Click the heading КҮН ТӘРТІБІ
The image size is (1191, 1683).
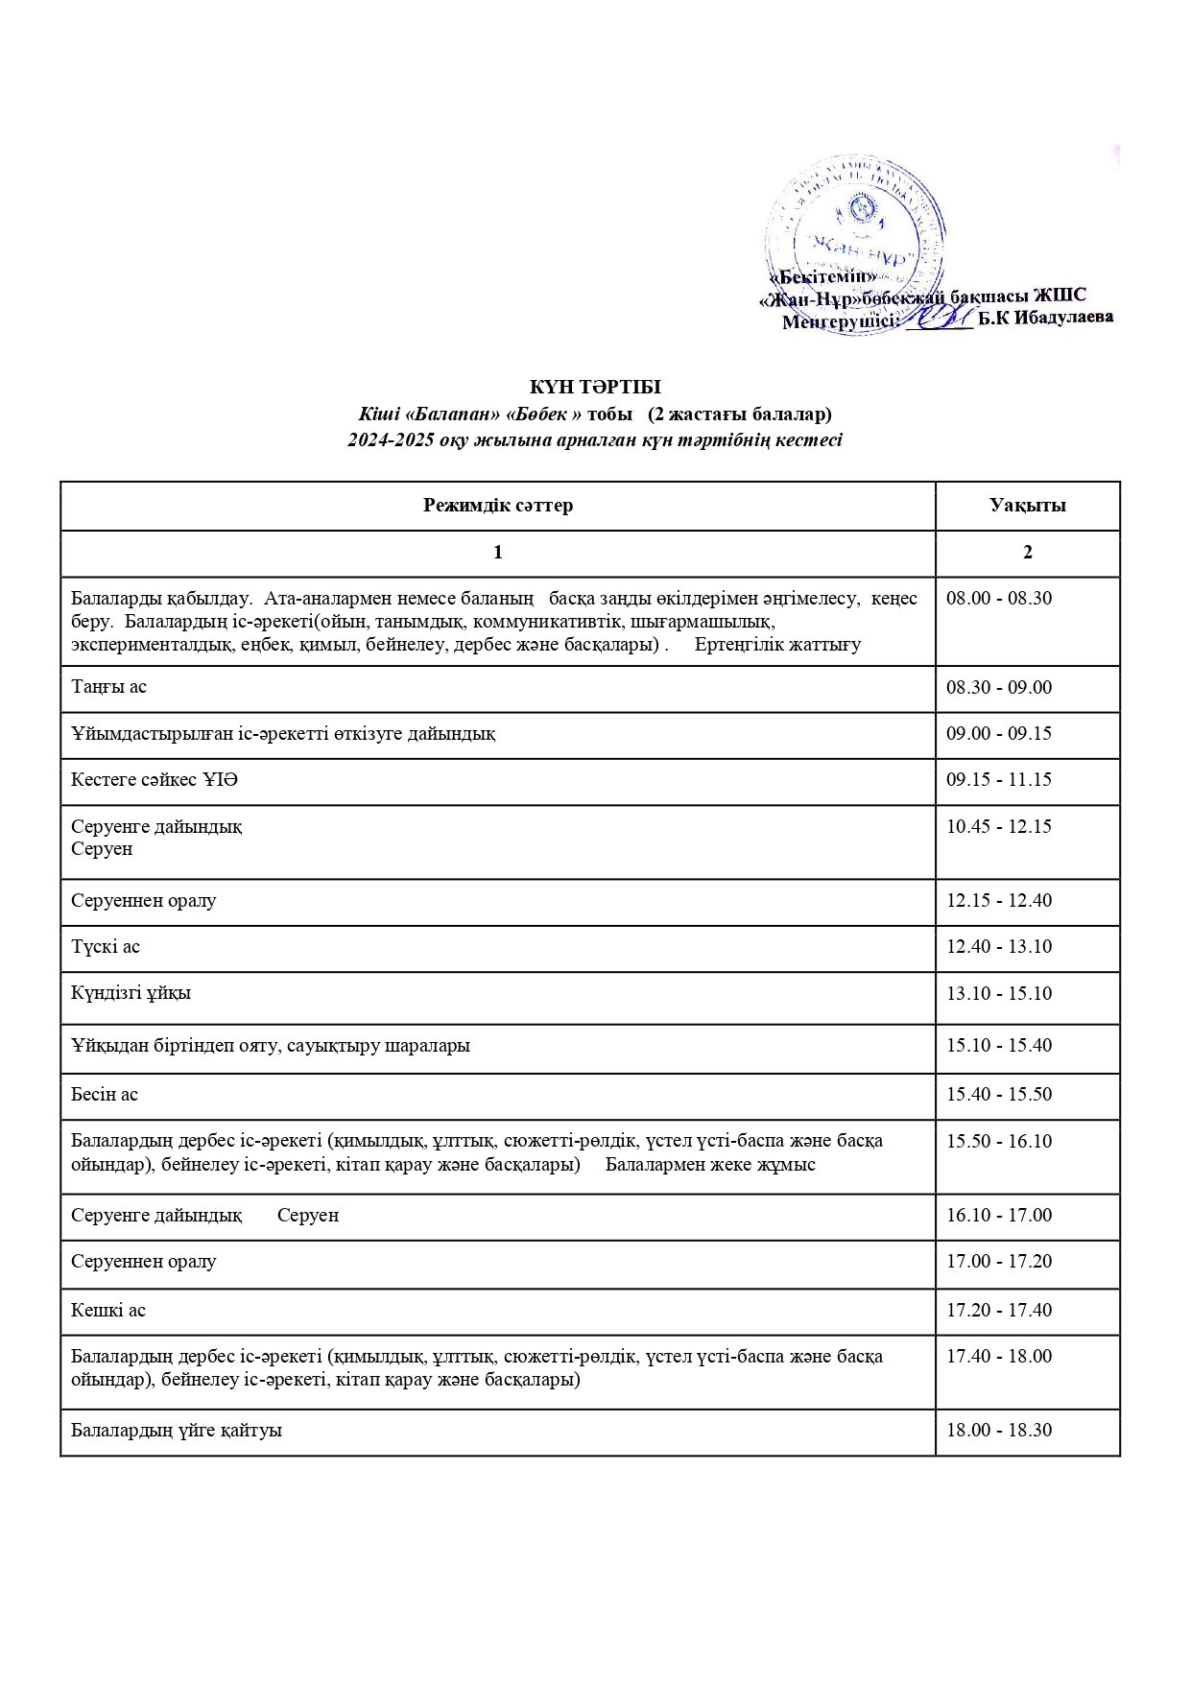click(595, 387)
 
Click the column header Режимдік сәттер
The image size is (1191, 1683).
click(497, 506)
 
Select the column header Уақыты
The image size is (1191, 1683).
click(1027, 506)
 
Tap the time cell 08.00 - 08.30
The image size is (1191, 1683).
click(999, 599)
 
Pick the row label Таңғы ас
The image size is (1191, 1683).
click(108, 687)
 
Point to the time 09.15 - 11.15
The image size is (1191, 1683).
click(999, 780)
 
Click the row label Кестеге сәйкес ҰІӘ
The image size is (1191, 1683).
click(154, 780)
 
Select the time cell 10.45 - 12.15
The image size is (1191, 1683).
click(999, 827)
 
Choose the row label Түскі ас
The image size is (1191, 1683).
click(106, 947)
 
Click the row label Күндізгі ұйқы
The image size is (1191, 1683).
click(131, 993)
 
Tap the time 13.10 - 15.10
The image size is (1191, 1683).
click(999, 994)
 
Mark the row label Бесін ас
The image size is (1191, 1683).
click(105, 1095)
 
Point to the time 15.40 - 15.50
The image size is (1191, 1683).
click(999, 1095)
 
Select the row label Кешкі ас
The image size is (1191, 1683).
click(108, 1311)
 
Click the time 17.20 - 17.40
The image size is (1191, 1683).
click(999, 1311)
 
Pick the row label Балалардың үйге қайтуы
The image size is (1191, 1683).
click(177, 1431)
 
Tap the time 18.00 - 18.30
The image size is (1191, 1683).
click(999, 1431)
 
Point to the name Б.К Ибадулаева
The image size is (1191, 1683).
click(1046, 318)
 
